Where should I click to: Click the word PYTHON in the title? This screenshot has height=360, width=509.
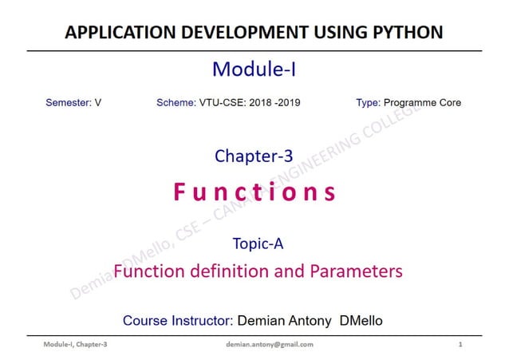pos(406,33)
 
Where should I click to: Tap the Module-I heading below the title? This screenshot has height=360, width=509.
pos(254,70)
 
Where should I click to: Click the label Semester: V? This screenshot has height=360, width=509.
pos(73,103)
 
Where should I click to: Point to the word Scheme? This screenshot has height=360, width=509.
pos(176,103)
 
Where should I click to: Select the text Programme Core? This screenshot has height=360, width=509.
pos(422,103)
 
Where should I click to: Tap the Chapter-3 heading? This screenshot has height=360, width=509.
pos(254,156)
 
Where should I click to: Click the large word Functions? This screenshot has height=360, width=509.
pos(254,192)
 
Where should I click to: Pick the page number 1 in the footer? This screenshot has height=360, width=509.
pos(460,344)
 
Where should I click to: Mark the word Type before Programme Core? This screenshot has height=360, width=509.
pos(367,103)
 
